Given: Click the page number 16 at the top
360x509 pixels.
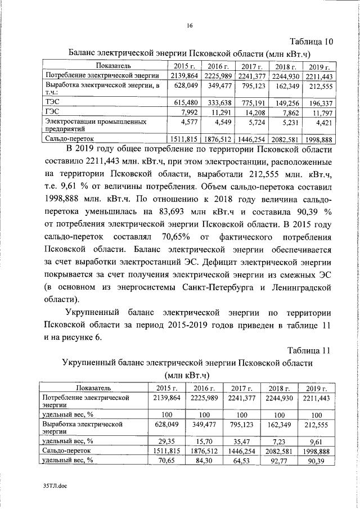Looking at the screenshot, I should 190,25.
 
